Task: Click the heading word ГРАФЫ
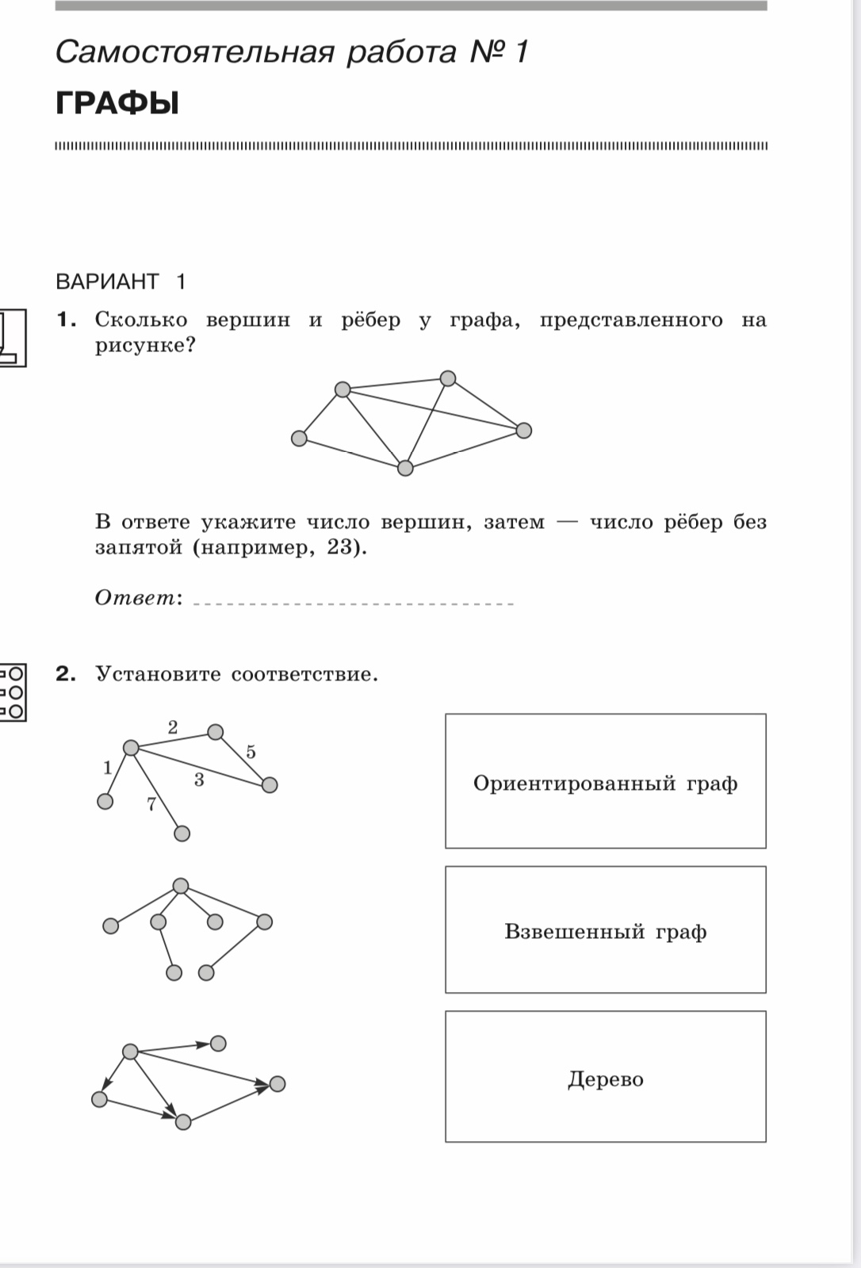click(117, 104)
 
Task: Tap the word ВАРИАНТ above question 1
click(107, 282)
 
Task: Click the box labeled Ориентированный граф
click(605, 782)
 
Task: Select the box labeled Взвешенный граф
click(605, 930)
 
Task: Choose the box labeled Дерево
click(605, 1078)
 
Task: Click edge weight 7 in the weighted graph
click(151, 804)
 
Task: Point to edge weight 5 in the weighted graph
click(251, 752)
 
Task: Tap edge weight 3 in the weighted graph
click(199, 780)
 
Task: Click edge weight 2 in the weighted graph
click(173, 726)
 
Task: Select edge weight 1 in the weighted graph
click(108, 767)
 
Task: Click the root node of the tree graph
click(181, 886)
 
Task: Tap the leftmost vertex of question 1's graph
click(299, 439)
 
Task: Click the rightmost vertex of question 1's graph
click(523, 431)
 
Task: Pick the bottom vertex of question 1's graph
click(405, 468)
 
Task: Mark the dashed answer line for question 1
click(354, 604)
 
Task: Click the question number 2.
click(66, 674)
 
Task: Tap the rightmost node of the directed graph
click(277, 1083)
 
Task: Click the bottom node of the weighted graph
click(182, 833)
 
